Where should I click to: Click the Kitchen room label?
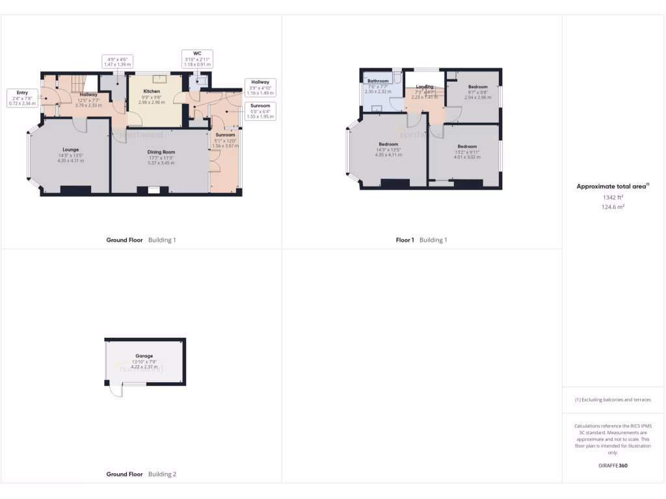(152, 92)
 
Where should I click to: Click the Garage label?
(144, 357)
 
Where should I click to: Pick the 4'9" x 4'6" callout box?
(117, 62)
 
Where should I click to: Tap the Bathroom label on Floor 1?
(378, 81)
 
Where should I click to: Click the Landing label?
(425, 86)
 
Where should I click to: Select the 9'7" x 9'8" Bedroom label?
(478, 87)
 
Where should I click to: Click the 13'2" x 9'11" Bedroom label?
(467, 147)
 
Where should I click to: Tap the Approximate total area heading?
(613, 186)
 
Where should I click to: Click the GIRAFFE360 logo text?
(613, 466)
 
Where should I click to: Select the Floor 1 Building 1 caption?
(421, 240)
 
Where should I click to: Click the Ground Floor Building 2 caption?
(141, 474)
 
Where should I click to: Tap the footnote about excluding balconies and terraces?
(613, 400)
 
